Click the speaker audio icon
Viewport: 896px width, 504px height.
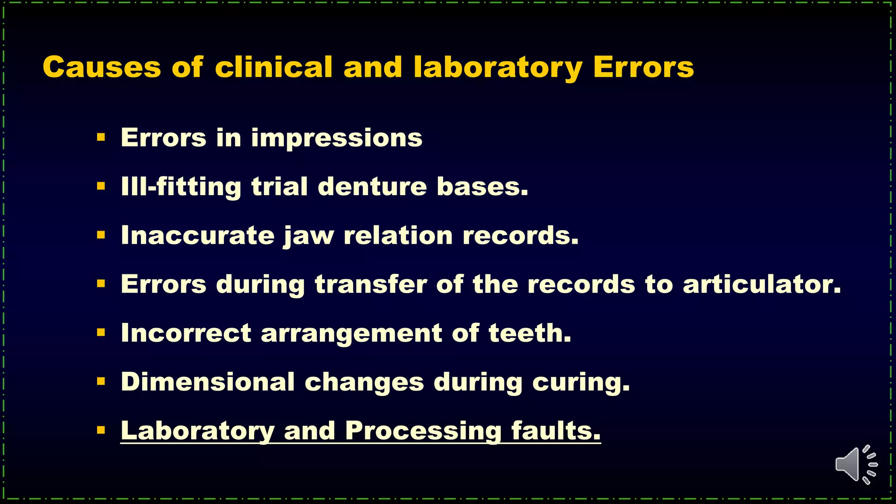856,465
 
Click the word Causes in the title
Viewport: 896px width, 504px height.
101,67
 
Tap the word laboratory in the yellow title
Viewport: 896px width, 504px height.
498,68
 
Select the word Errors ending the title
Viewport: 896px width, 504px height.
643,67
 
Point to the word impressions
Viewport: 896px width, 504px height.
336,139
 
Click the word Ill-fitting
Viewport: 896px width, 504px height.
181,187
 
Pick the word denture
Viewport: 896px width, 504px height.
372,187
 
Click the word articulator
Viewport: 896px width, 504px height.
762,284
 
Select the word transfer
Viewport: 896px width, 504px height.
371,284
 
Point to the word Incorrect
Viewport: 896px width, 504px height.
186,333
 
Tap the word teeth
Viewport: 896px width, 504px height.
530,333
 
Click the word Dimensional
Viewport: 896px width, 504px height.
207,382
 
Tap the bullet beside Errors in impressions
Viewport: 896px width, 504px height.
101,138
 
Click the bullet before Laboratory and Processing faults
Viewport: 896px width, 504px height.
101,430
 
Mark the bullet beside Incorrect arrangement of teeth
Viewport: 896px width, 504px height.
101,333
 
